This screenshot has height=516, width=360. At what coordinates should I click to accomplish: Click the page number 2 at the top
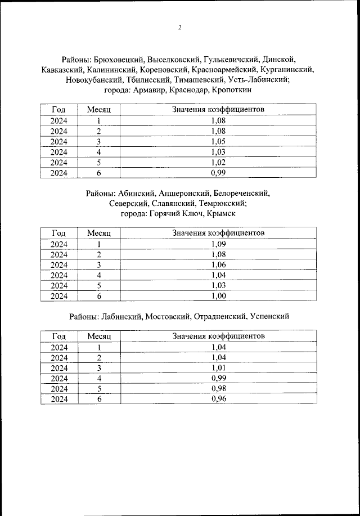[x=179, y=28]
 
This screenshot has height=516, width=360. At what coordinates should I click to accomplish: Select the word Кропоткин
[x=232, y=89]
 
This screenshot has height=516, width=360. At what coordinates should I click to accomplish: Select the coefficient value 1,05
[x=218, y=141]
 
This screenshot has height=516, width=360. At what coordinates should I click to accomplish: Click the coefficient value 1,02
[x=218, y=163]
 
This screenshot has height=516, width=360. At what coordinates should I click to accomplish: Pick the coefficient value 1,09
[x=218, y=244]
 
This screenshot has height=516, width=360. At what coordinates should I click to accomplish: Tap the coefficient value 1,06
[x=218, y=265]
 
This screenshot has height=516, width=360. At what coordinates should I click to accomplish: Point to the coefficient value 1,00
[x=218, y=296]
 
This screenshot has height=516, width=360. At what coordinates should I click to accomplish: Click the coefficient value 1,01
[x=218, y=368]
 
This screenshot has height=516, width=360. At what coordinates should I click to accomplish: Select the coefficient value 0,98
[x=218, y=389]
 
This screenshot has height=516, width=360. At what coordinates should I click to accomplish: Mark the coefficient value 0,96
[x=218, y=399]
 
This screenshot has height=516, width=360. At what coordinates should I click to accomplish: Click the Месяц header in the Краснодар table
[x=98, y=109]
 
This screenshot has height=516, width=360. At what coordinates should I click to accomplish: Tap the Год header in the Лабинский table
[x=59, y=336]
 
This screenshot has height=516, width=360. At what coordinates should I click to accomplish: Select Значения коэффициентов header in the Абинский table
[x=218, y=232]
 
